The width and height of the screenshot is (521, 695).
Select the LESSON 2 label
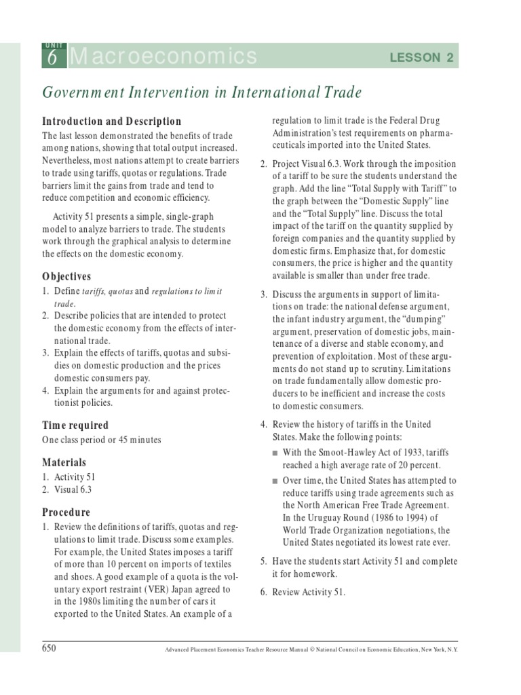(421, 58)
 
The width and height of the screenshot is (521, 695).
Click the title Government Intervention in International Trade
(201, 92)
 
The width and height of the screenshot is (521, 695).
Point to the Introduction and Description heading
(111, 121)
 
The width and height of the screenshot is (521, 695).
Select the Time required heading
(75, 425)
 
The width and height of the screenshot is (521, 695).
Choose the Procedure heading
(66, 512)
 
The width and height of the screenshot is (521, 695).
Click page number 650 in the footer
(49, 648)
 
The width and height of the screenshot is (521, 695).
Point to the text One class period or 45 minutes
(101, 440)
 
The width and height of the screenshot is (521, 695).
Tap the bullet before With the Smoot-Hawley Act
(275, 453)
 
